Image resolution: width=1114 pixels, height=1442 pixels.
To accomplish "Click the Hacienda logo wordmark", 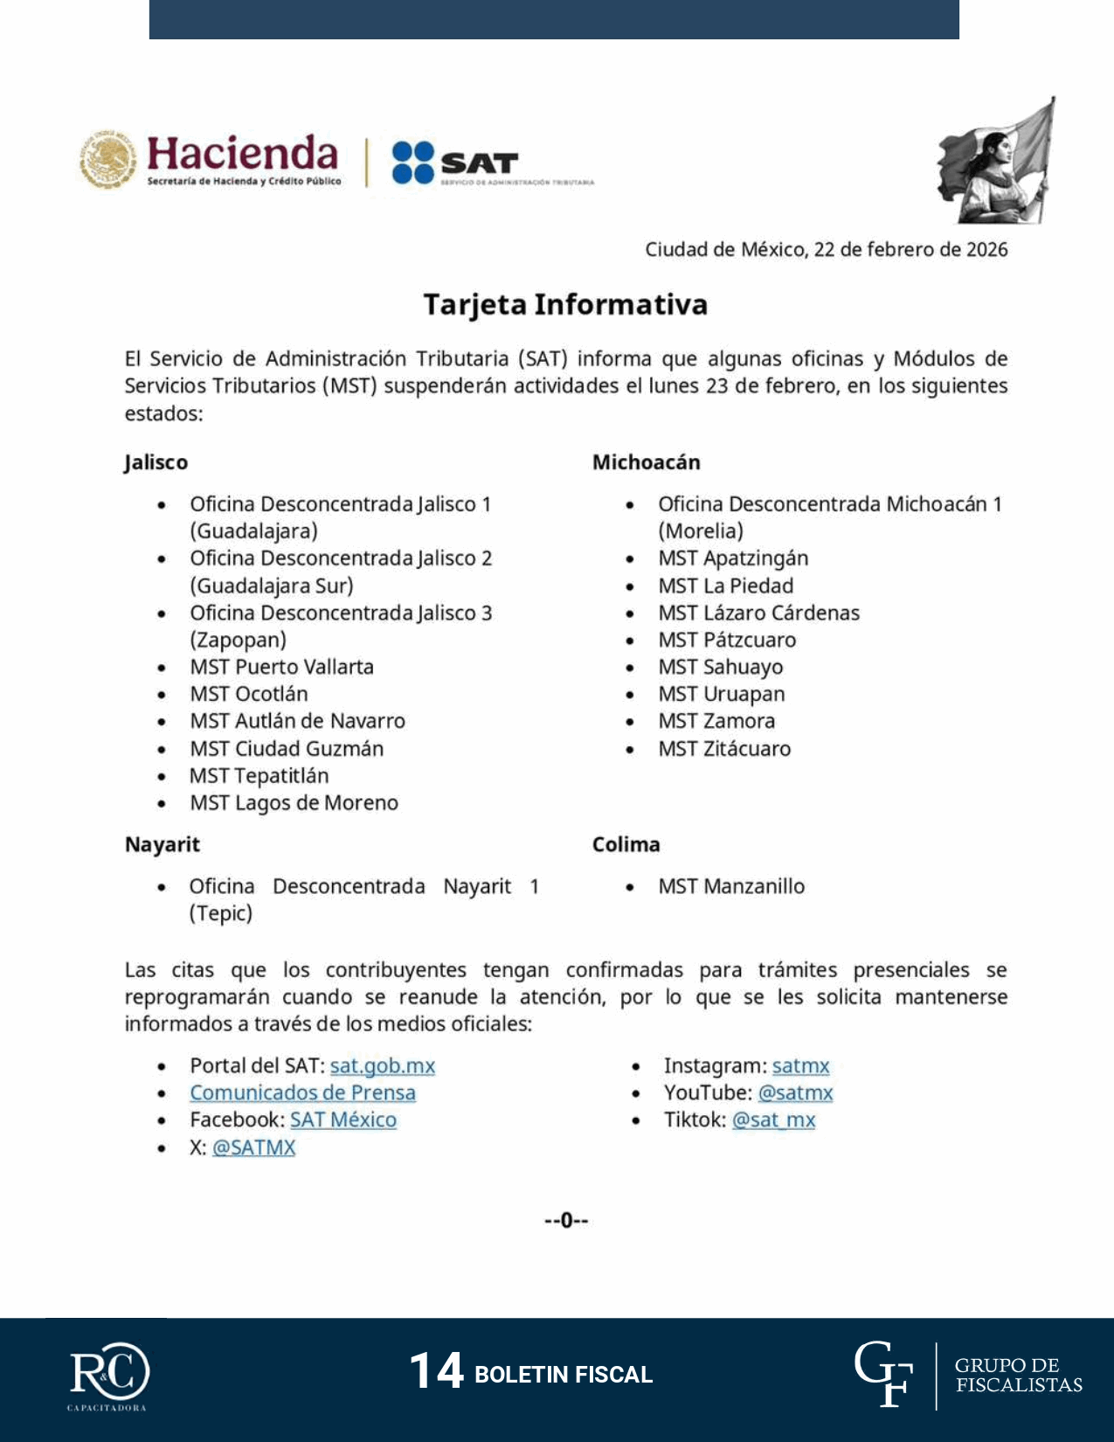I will (241, 156).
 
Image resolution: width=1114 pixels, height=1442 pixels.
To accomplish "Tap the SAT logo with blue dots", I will (455, 163).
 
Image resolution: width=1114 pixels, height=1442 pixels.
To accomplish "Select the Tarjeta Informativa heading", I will (565, 304).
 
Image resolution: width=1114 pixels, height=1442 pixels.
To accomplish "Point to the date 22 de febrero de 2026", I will (910, 249).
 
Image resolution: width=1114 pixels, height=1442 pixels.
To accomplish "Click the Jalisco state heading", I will (156, 462).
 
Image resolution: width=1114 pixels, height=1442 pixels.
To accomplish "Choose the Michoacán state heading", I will (646, 462).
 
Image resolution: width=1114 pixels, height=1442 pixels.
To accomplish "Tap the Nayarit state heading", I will (162, 844).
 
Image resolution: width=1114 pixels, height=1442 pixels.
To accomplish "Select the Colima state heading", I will (626, 844).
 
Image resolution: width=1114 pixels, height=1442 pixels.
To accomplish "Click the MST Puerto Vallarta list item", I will (281, 667).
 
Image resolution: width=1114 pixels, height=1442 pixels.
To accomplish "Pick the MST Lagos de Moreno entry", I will (294, 802).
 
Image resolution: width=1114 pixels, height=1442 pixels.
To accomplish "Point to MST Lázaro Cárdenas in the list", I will (758, 613).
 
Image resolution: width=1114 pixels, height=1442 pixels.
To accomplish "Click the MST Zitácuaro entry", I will (724, 748).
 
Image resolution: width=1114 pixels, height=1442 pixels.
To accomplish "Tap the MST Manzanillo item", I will (731, 886).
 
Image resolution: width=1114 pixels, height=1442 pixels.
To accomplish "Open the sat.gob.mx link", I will (382, 1065).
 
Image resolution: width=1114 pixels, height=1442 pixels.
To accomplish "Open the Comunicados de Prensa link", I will (302, 1092).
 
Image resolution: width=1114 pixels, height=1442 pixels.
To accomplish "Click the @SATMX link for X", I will (253, 1147).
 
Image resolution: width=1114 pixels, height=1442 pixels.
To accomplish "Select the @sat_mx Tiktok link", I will (773, 1120).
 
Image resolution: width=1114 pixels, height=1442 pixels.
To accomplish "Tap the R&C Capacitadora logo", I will (109, 1375).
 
